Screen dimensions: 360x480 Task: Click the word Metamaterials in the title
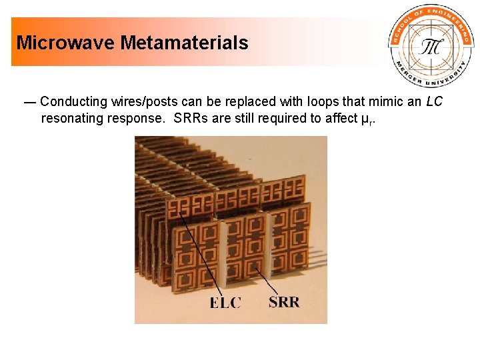tap(184, 43)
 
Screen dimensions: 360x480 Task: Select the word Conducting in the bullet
tap(73, 102)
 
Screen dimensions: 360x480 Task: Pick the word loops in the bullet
tap(320, 102)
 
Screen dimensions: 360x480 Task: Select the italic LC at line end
tap(434, 102)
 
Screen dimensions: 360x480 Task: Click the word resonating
tap(72, 119)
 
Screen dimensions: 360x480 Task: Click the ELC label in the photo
tap(225, 303)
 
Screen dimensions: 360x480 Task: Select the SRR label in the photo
tap(284, 302)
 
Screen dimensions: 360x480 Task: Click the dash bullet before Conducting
tap(30, 103)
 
